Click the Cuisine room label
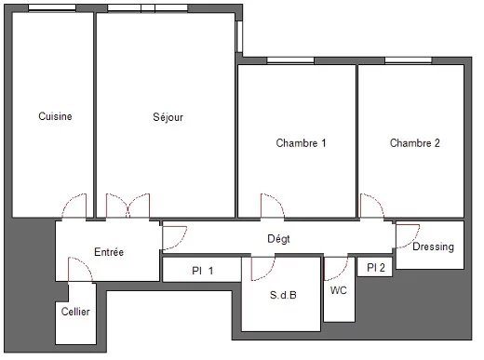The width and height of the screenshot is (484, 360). [55, 116]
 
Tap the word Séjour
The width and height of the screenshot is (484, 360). [168, 117]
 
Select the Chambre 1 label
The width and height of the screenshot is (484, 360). [301, 143]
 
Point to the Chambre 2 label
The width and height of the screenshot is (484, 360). [415, 143]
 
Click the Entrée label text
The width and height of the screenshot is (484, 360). [109, 252]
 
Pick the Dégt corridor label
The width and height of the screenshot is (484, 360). [278, 239]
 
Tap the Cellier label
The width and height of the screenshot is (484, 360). [75, 312]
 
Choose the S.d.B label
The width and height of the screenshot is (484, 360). [283, 295]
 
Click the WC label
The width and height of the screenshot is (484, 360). [339, 290]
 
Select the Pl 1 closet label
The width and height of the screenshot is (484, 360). [203, 271]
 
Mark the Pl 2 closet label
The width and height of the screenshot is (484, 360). [376, 267]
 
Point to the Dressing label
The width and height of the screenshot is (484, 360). [433, 247]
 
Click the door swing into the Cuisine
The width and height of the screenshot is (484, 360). [74, 206]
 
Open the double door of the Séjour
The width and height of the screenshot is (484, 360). [128, 206]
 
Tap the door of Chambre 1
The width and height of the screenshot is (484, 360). [273, 206]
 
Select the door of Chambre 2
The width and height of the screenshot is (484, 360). [371, 206]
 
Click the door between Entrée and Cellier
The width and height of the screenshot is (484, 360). [80, 270]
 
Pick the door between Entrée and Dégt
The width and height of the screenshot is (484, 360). [174, 238]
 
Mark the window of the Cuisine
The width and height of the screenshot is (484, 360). [52, 8]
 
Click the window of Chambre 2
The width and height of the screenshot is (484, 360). [409, 60]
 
